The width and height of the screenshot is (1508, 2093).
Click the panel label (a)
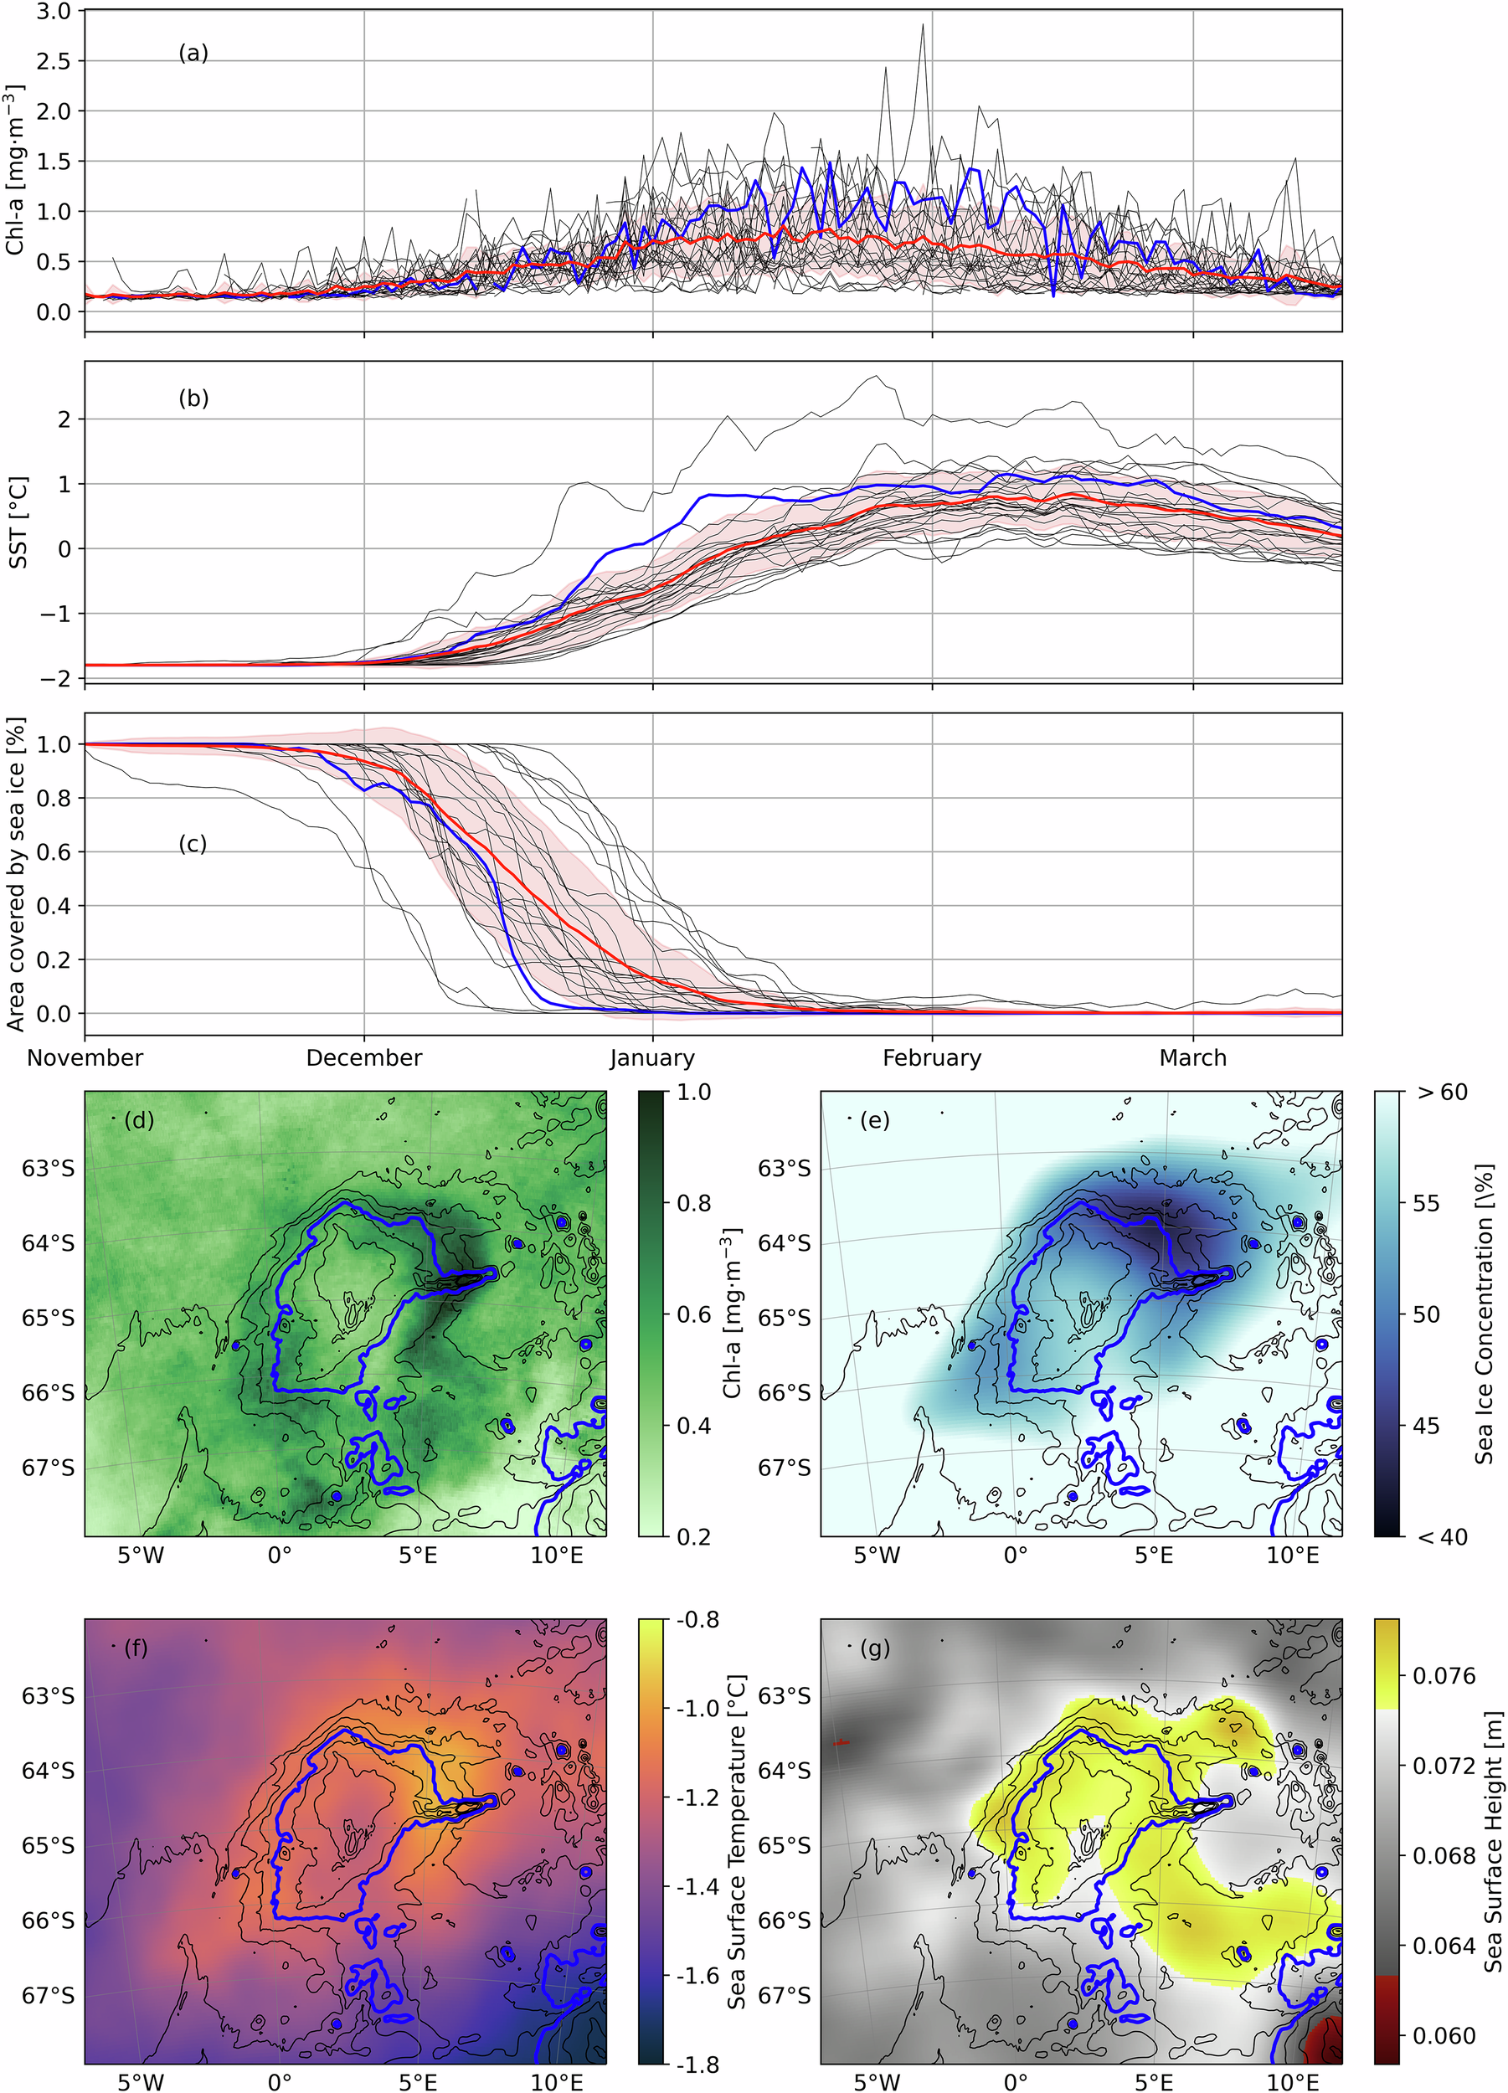[193, 54]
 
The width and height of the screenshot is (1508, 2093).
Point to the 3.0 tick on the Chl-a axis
[54, 10]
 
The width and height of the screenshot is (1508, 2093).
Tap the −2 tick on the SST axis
[59, 678]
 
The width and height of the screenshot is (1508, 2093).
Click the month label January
[652, 1057]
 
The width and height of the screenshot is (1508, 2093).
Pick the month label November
[85, 1057]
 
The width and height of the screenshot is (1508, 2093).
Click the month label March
[1192, 1057]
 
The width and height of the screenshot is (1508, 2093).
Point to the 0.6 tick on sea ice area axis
[54, 851]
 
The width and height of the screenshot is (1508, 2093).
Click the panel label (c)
[193, 843]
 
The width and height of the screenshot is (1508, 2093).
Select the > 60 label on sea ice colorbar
[1442, 1093]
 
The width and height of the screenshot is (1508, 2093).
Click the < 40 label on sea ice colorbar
[1442, 1537]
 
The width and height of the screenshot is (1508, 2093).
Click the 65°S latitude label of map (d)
[48, 1318]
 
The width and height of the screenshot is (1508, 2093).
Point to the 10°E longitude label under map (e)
[1292, 1556]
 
